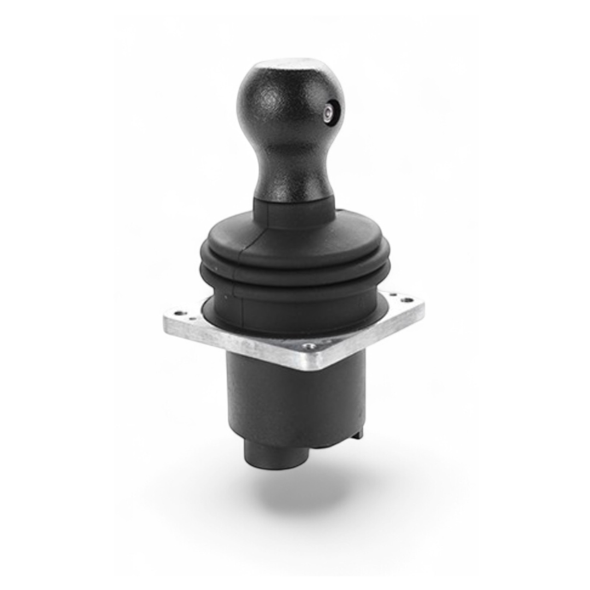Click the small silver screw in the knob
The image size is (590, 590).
(328, 113)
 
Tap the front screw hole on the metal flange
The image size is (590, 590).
(310, 346)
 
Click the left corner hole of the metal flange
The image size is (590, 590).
(179, 315)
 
